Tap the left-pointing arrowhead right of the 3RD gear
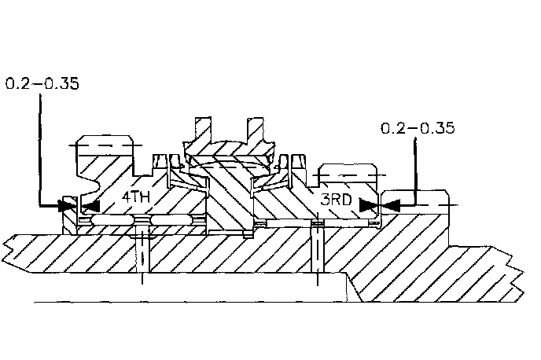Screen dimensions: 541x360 pyautogui.click(x=390, y=204)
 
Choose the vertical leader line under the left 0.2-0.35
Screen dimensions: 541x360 pyautogui.click(x=39, y=149)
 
